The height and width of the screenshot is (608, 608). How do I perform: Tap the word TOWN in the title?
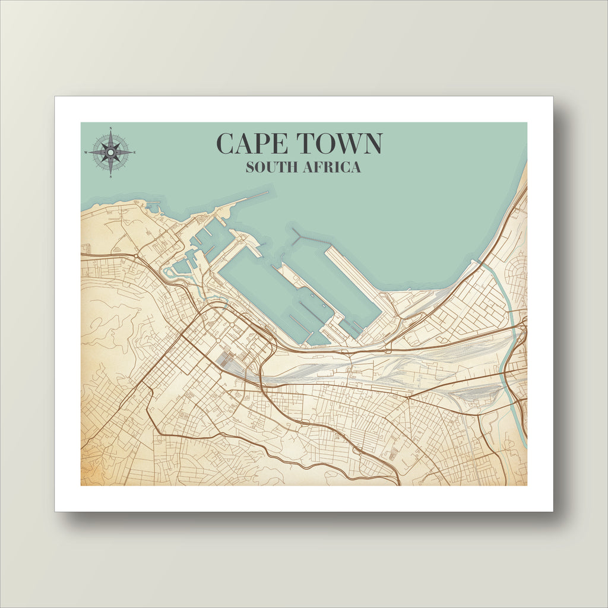click(x=340, y=144)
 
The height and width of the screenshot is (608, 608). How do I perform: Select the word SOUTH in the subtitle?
click(x=271, y=167)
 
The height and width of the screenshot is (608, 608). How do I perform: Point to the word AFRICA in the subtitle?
click(x=331, y=167)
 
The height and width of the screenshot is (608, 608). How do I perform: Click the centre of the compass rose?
click(x=111, y=152)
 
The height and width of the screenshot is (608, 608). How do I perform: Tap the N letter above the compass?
click(x=111, y=129)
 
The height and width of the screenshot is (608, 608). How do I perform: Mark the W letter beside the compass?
click(x=86, y=153)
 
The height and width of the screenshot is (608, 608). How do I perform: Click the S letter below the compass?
click(x=111, y=176)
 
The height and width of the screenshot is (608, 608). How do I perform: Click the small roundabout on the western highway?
click(x=136, y=256)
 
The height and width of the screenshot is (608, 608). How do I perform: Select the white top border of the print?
click(x=304, y=109)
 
